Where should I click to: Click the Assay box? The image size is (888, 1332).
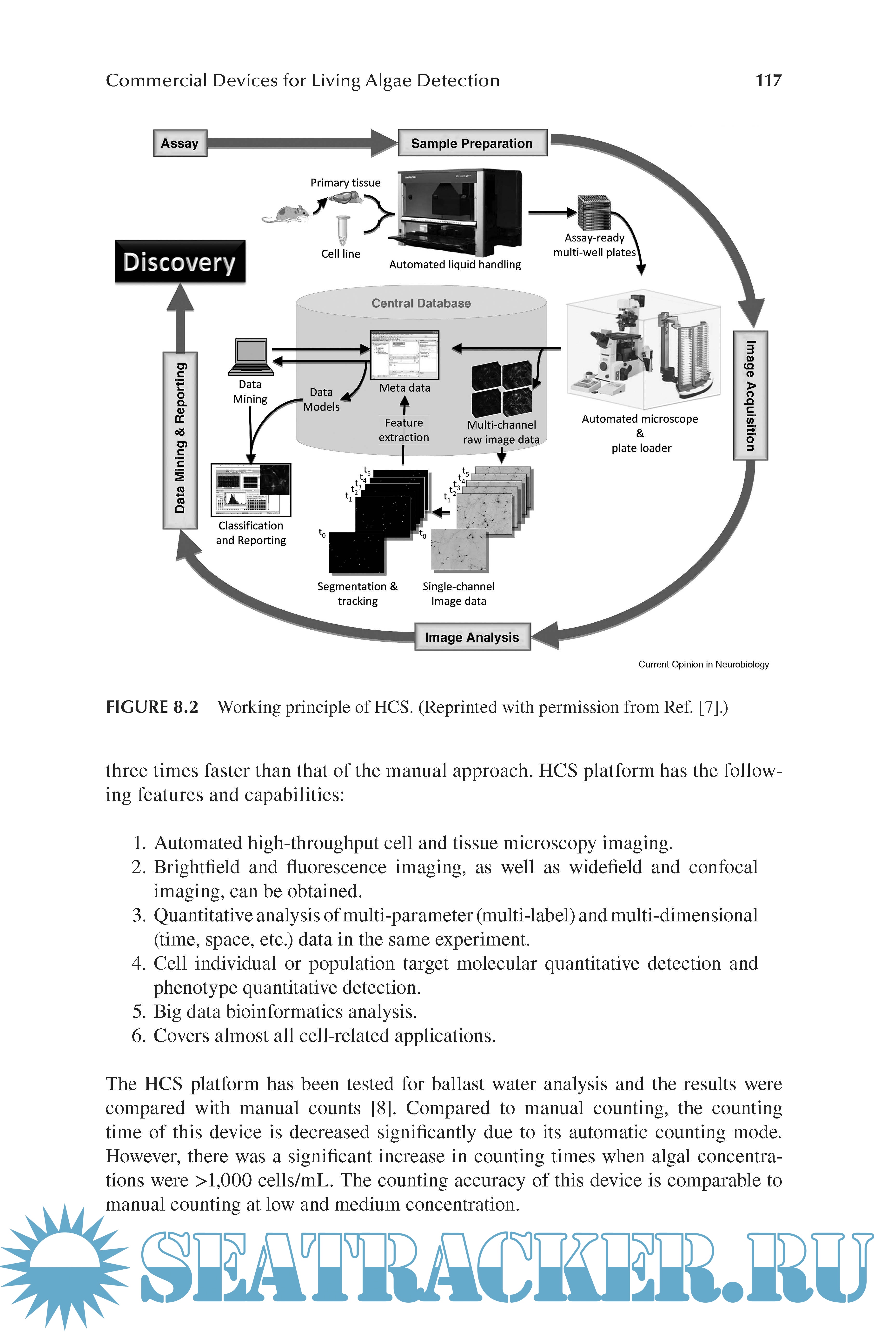click(x=180, y=143)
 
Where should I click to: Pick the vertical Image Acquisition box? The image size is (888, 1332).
click(x=750, y=395)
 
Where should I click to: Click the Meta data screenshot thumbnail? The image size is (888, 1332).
click(x=404, y=355)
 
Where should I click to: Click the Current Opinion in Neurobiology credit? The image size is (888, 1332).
click(x=703, y=664)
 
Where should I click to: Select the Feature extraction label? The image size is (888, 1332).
click(x=404, y=430)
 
